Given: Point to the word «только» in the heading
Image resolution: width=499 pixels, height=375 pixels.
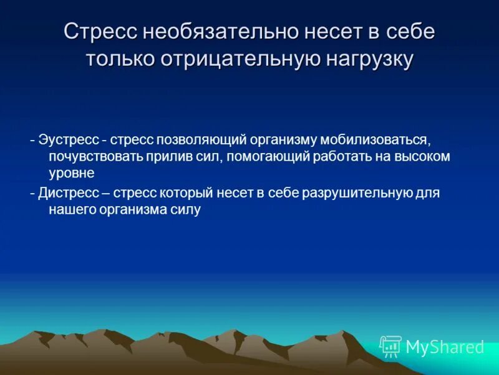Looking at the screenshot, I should [x=120, y=59].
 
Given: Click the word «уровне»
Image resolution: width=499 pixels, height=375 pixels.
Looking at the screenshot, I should [x=72, y=173].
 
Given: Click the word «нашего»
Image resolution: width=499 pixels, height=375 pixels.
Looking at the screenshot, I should [x=70, y=210].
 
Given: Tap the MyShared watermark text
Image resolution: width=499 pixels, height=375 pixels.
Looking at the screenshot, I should [x=445, y=347].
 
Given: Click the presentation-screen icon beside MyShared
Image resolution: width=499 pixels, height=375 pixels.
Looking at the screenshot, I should [x=390, y=346].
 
